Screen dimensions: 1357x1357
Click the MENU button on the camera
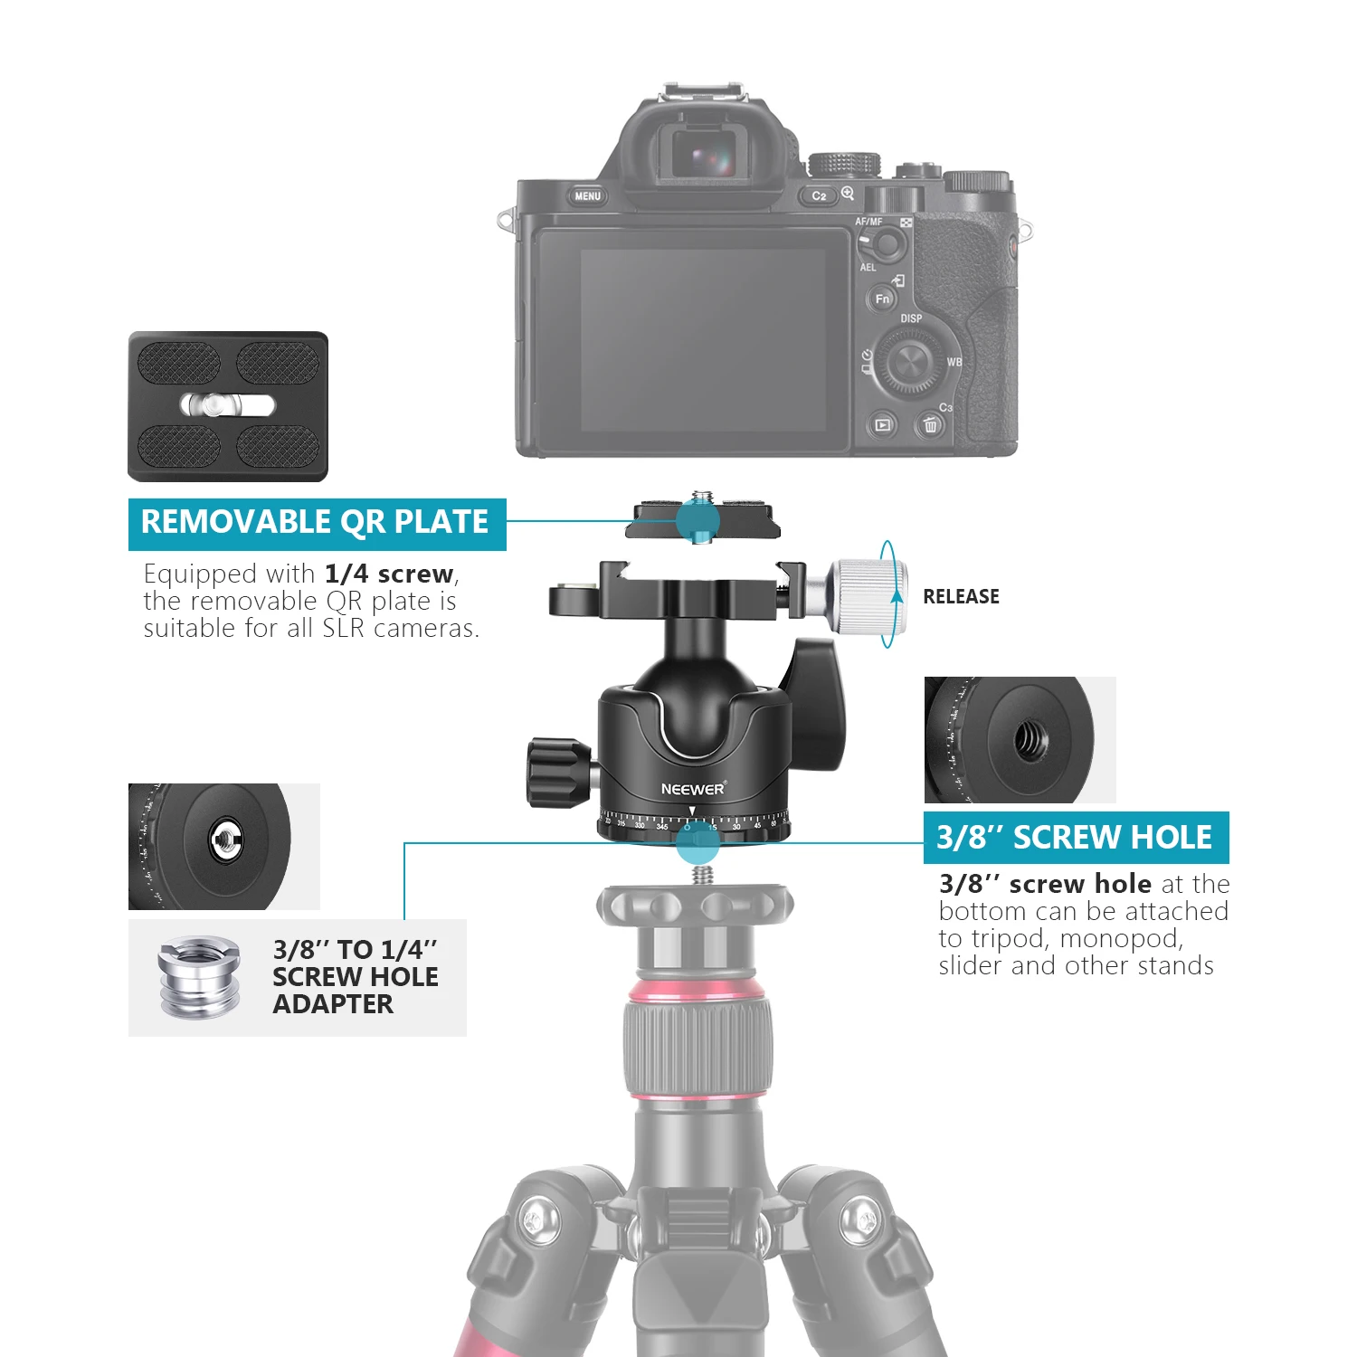(587, 196)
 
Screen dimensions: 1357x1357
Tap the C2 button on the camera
(819, 195)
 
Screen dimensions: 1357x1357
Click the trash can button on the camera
(930, 424)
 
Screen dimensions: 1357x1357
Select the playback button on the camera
(882, 424)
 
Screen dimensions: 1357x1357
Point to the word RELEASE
(961, 597)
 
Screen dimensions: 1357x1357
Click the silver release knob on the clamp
(864, 595)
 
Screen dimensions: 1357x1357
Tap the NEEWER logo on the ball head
(692, 789)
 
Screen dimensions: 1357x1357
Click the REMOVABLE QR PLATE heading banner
(316, 524)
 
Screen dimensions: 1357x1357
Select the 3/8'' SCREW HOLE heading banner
(1075, 838)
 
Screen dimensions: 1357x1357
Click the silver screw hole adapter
(200, 977)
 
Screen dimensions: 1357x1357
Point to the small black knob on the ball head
(556, 771)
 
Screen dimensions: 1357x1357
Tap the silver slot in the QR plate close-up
(227, 404)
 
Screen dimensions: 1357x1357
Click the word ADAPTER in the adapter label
(333, 1005)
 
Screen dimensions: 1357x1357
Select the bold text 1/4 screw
(389, 574)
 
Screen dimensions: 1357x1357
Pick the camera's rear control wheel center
(907, 363)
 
